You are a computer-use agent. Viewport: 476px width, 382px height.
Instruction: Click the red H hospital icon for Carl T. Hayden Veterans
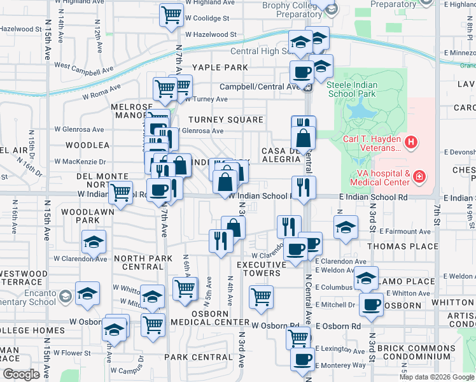(412, 141)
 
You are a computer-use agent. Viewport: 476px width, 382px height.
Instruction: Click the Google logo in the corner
(20, 374)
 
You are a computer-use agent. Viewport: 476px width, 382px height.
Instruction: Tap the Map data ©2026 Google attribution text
(437, 377)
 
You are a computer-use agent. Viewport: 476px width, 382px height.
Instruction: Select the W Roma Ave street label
(101, 91)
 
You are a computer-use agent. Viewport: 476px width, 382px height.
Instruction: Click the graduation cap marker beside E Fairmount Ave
(345, 227)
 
